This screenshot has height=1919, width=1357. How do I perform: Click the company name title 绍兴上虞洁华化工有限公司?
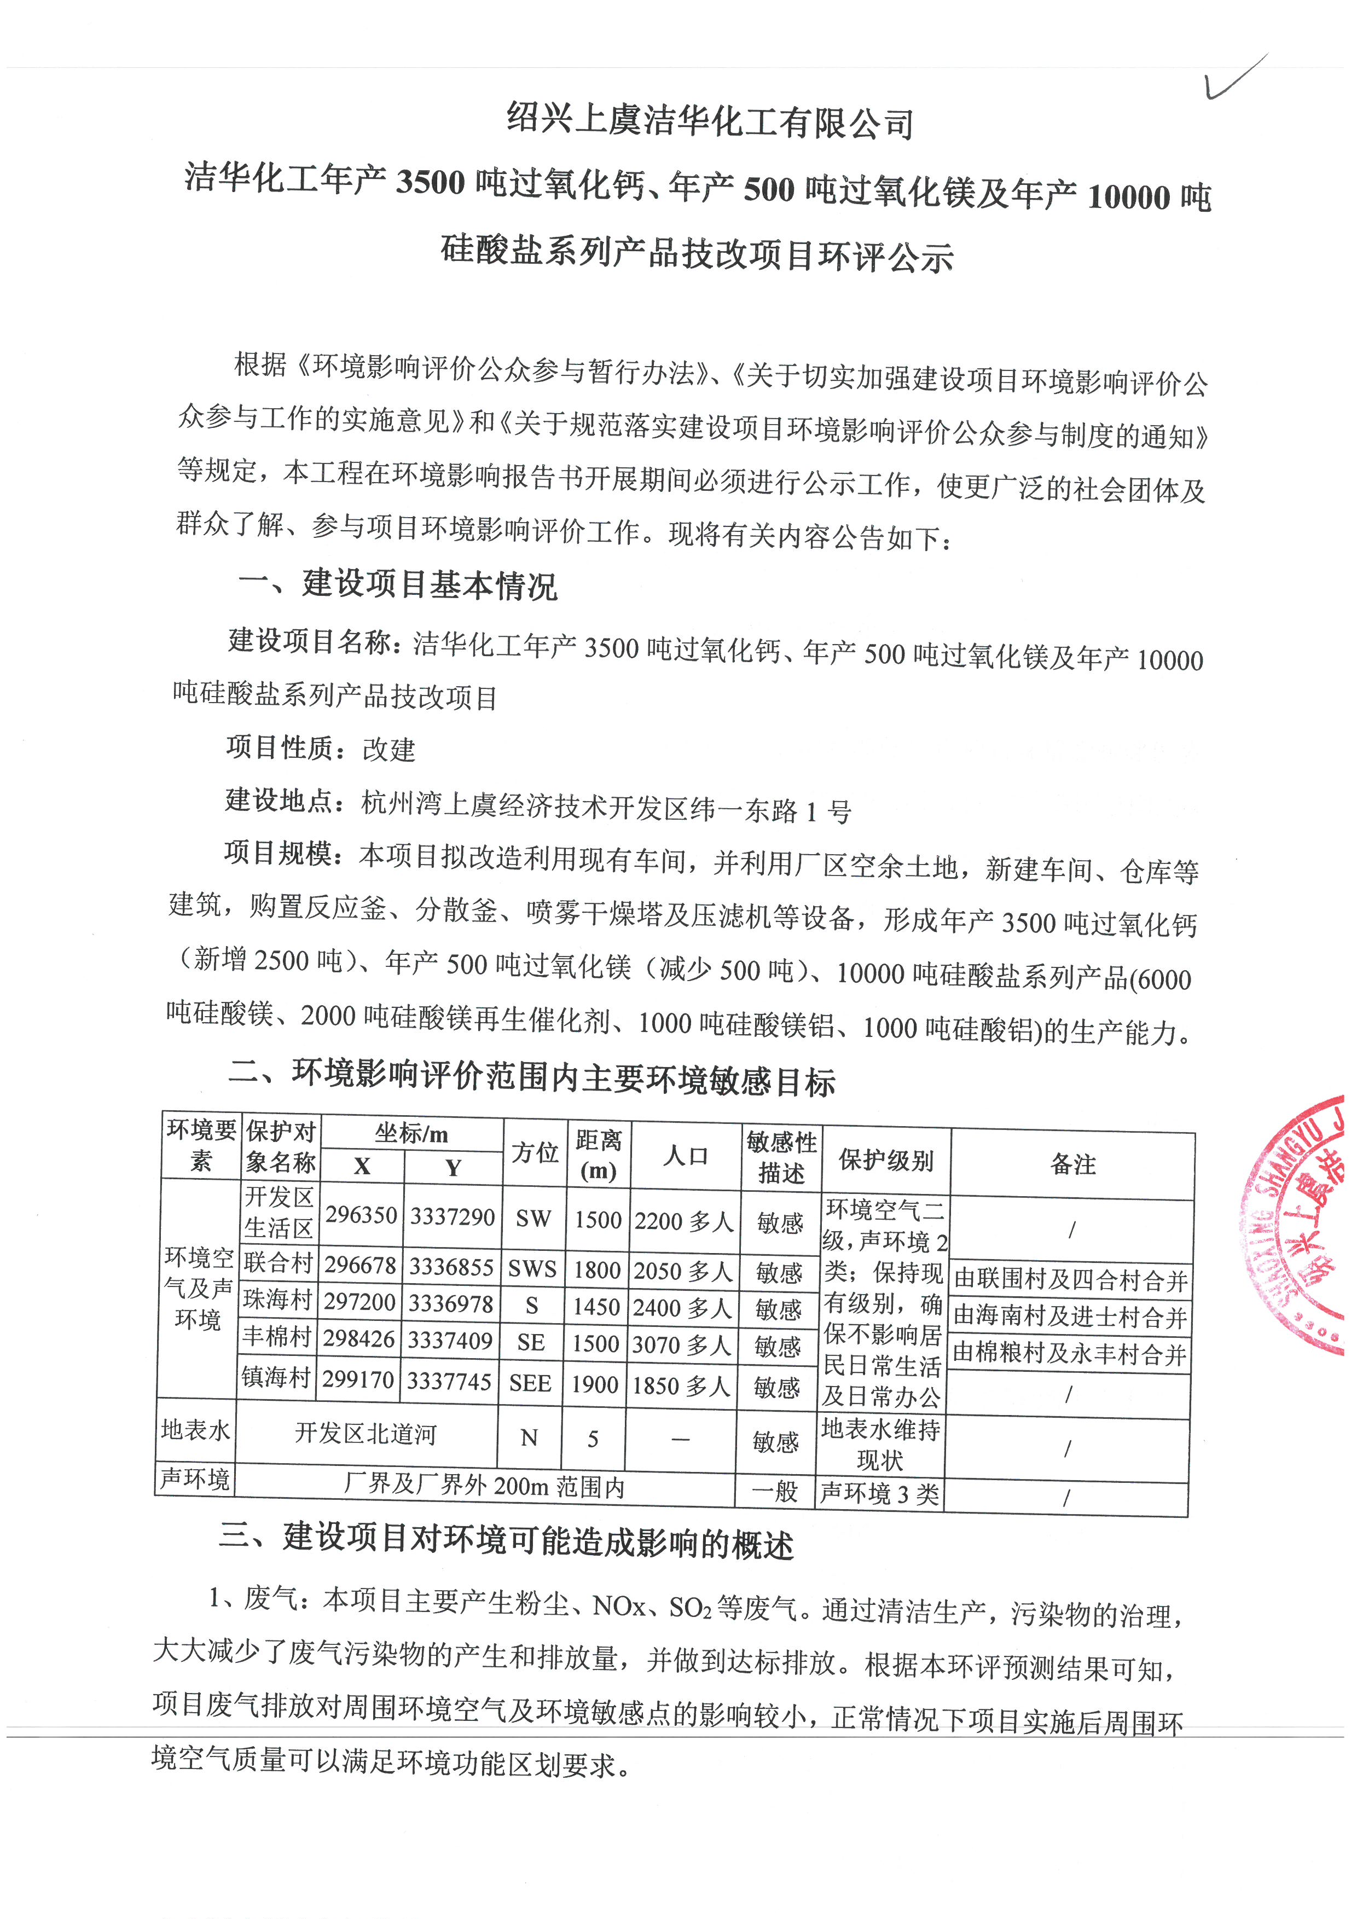[x=710, y=121]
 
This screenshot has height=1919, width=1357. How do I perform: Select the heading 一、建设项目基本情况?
[x=397, y=583]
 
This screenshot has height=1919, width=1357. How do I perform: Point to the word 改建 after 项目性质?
[x=388, y=749]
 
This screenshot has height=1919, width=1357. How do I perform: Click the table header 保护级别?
[x=886, y=1160]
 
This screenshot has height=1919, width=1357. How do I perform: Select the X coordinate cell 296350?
[x=361, y=1215]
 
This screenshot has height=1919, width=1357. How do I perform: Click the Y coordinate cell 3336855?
[x=451, y=1267]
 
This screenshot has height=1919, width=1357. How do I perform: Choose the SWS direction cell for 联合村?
[x=532, y=1269]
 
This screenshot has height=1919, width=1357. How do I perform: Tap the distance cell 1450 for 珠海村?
[x=596, y=1306]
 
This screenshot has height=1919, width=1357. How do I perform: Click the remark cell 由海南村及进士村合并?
[x=1070, y=1317]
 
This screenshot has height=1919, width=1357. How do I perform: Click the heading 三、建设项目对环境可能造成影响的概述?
[x=506, y=1540]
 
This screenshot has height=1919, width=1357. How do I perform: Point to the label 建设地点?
[x=280, y=800]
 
